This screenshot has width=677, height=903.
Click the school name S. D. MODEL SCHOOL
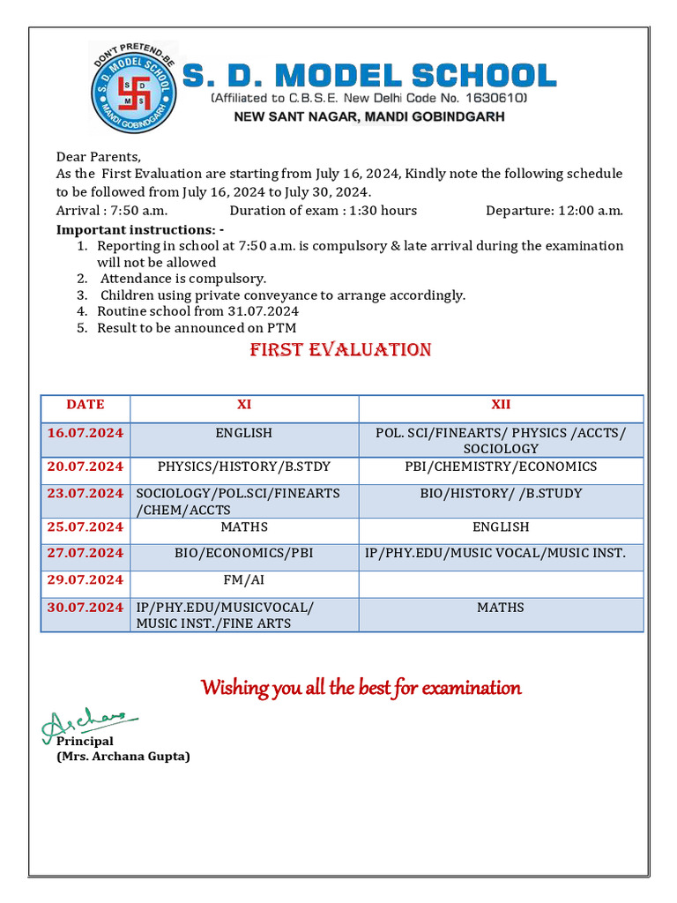pyautogui.click(x=369, y=76)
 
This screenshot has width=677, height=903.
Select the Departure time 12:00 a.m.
pyautogui.click(x=554, y=210)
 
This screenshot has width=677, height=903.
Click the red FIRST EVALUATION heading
pyautogui.click(x=340, y=350)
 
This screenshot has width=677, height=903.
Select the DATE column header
pyautogui.click(x=86, y=405)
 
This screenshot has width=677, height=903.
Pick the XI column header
pyautogui.click(x=244, y=405)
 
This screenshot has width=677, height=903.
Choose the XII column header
pyautogui.click(x=501, y=405)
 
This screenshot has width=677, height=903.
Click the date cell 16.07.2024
pyautogui.click(x=86, y=433)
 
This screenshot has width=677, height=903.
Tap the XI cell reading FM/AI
pyautogui.click(x=244, y=579)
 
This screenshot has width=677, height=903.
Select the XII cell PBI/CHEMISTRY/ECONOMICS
pyautogui.click(x=501, y=466)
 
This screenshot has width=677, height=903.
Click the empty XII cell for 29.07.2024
pyautogui.click(x=501, y=582)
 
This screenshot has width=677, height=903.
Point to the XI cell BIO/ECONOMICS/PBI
pyautogui.click(x=244, y=553)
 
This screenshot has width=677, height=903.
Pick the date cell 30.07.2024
pyautogui.click(x=86, y=608)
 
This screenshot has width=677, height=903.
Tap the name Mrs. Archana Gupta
pyautogui.click(x=123, y=757)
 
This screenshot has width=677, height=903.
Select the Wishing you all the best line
pyautogui.click(x=361, y=688)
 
